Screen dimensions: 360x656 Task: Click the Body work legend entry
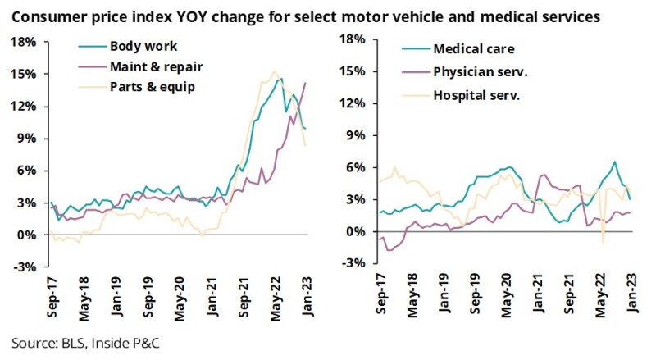tap(143, 47)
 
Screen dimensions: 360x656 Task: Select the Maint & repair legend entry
tap(156, 66)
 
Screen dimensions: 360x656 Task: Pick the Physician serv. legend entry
tap(481, 71)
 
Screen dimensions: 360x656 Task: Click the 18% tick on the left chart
tap(24, 41)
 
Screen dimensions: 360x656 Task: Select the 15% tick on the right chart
tap(351, 71)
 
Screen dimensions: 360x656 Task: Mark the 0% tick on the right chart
tap(354, 231)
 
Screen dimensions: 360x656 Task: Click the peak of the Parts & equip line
tap(274, 71)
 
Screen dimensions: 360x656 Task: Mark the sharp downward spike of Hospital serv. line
tap(603, 243)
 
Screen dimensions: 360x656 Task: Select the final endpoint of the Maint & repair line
tap(306, 82)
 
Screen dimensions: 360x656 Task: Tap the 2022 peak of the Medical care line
tap(614, 162)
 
